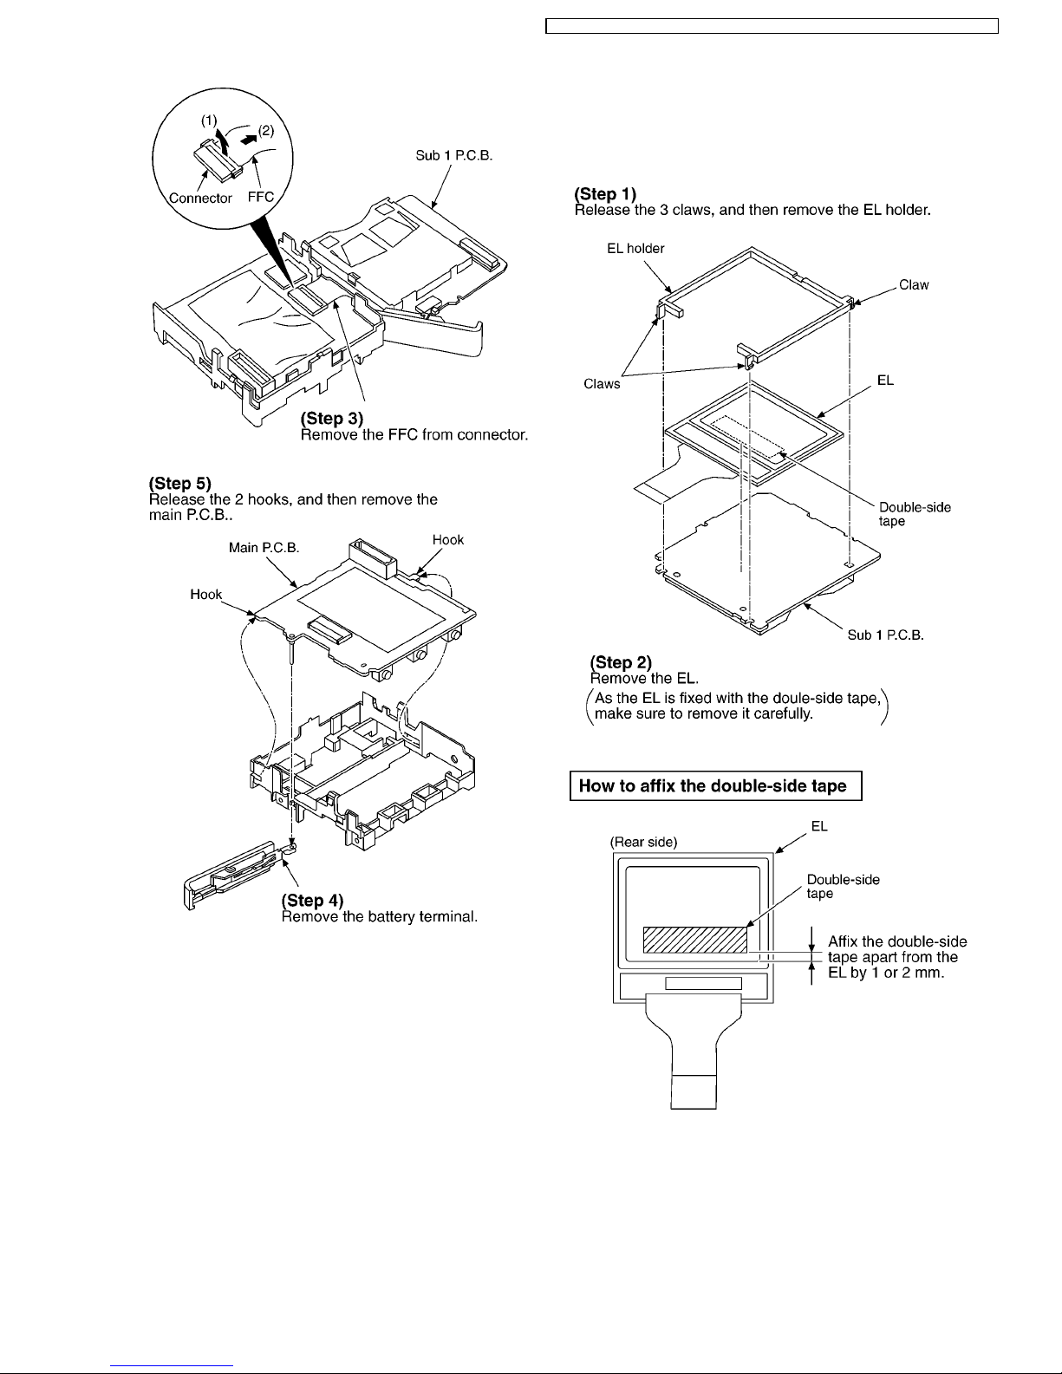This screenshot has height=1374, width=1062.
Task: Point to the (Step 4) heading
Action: (313, 901)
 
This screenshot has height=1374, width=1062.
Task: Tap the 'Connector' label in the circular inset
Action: (200, 198)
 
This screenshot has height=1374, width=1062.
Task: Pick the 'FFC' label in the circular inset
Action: (261, 197)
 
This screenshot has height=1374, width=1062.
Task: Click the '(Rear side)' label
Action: (643, 841)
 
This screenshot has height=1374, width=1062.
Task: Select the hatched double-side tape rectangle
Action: (694, 940)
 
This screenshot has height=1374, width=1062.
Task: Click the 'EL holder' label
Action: (635, 249)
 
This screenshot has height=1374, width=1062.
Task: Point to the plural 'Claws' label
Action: (602, 384)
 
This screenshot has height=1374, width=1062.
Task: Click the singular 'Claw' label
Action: (914, 285)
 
